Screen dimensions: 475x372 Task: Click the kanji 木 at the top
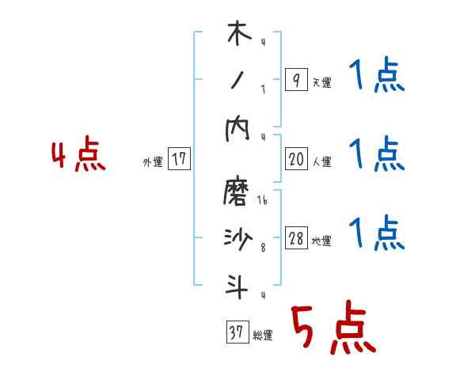tap(237, 36)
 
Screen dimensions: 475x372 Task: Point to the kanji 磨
tap(237, 192)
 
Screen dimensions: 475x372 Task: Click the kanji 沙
tap(237, 240)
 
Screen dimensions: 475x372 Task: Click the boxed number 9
tap(295, 79)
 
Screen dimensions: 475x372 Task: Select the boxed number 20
tap(295, 159)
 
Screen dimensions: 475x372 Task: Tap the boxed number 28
tap(295, 239)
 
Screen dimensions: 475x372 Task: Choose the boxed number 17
tap(179, 159)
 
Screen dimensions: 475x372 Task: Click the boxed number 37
tap(236, 332)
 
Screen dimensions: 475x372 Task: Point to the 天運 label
tap(321, 82)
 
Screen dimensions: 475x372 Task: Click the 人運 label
tap(321, 162)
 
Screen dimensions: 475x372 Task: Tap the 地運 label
tap(321, 241)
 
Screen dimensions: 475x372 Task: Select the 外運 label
tap(152, 162)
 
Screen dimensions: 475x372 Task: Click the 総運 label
tap(263, 336)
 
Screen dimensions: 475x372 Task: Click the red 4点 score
tap(78, 156)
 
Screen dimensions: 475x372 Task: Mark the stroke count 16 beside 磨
tap(262, 201)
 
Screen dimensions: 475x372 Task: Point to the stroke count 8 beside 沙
tap(262, 248)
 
